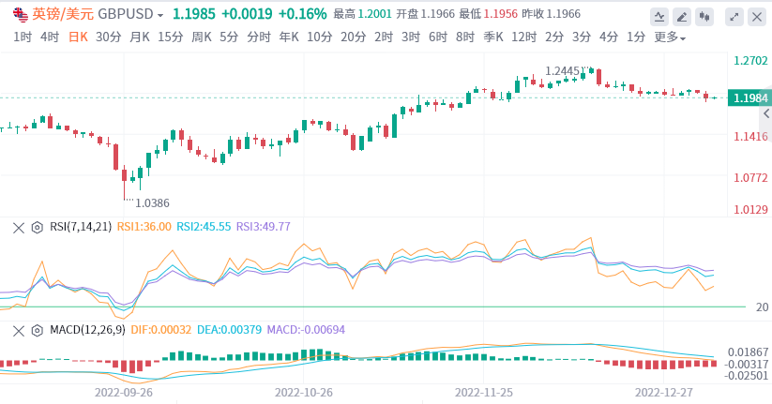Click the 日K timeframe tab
pyautogui.click(x=78, y=37)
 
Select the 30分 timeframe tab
pyautogui.click(x=108, y=37)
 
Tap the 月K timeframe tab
pyautogui.click(x=140, y=37)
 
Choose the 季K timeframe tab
pyautogui.click(x=492, y=37)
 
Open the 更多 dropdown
pyautogui.click(x=669, y=37)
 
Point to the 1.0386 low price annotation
pyautogui.click(x=152, y=202)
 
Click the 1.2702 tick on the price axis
pyautogui.click(x=750, y=61)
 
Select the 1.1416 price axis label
pyautogui.click(x=750, y=137)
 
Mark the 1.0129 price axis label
pyautogui.click(x=750, y=209)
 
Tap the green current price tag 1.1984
pyautogui.click(x=750, y=98)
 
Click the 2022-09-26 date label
pyautogui.click(x=124, y=393)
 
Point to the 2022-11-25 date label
pyautogui.click(x=484, y=393)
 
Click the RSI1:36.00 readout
pyautogui.click(x=143, y=227)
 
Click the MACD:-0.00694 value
pyautogui.click(x=306, y=330)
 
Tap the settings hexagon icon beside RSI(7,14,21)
pyautogui.click(x=37, y=227)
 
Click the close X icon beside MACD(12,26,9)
pyautogui.click(x=18, y=330)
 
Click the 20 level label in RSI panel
pyautogui.click(x=763, y=307)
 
